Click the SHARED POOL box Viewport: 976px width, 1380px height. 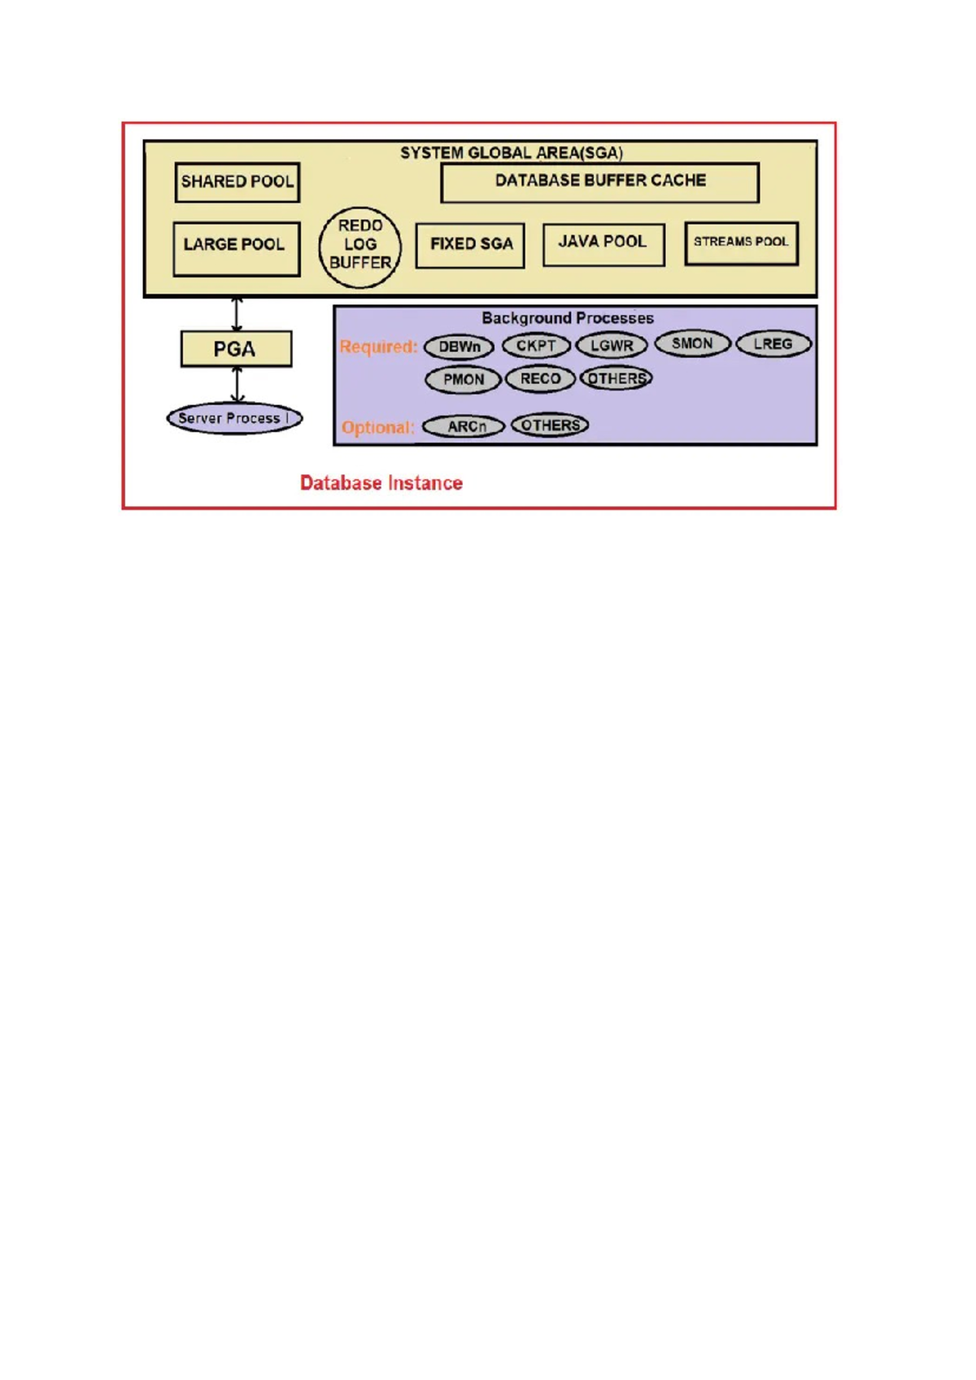[x=237, y=182]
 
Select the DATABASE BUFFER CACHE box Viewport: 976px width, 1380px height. [x=599, y=182]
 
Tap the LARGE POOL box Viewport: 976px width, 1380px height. [x=236, y=248]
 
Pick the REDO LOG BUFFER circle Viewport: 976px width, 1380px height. [x=359, y=247]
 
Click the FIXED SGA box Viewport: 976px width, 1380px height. [x=470, y=245]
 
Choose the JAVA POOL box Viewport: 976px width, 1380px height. [x=603, y=244]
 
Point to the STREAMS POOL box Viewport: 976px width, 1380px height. [x=741, y=243]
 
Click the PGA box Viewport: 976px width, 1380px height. [x=236, y=349]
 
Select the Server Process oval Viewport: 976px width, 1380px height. [x=234, y=418]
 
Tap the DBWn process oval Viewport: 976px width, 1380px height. [x=459, y=347]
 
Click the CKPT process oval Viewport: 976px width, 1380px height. [x=535, y=346]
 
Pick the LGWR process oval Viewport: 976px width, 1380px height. [x=611, y=346]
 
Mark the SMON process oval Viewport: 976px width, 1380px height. [x=692, y=343]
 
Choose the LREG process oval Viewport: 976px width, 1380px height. [x=773, y=344]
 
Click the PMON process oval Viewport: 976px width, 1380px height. [x=463, y=379]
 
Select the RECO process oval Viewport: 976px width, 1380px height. [x=540, y=378]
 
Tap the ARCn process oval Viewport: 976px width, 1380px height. [x=464, y=426]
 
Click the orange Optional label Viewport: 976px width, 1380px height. [x=377, y=427]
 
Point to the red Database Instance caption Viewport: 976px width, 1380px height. [x=381, y=483]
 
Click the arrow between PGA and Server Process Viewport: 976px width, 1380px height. [x=237, y=384]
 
